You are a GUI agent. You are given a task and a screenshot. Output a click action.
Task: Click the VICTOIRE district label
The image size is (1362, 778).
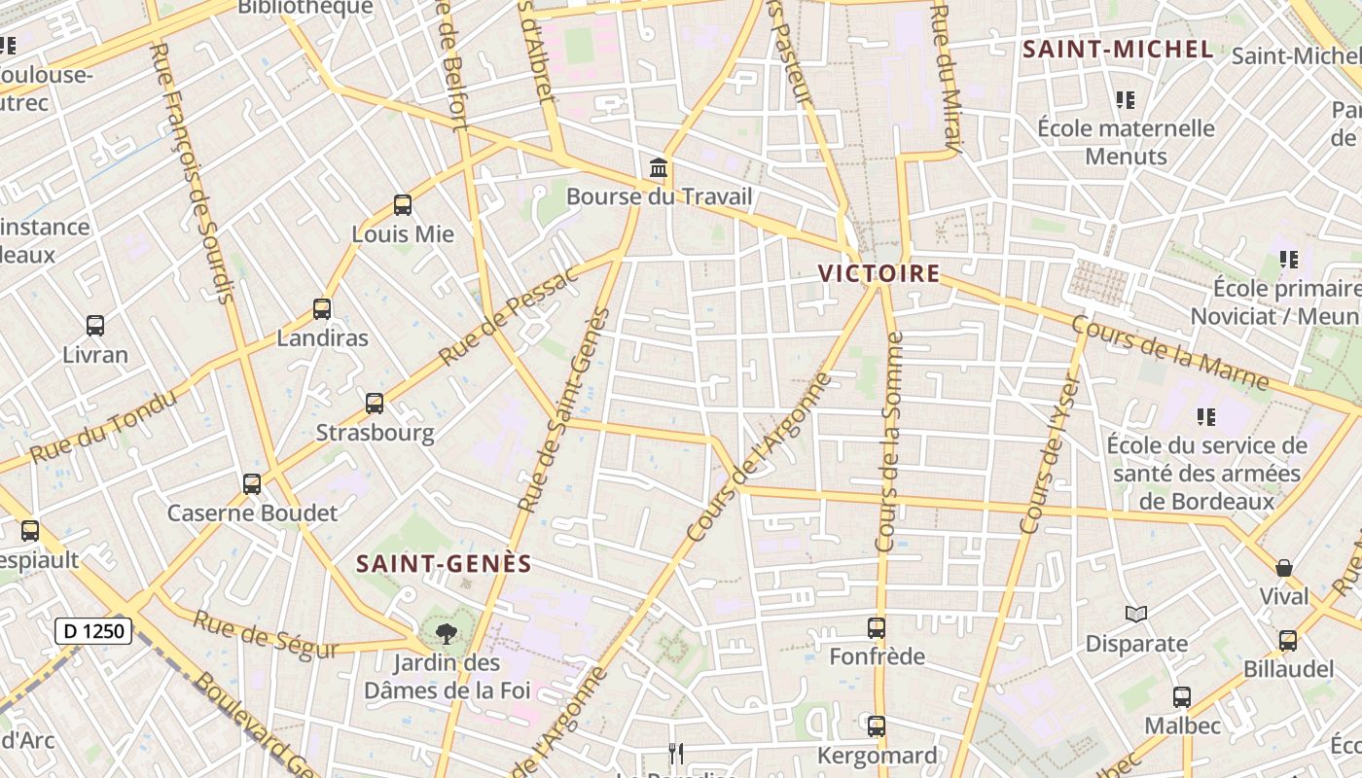pos(879,273)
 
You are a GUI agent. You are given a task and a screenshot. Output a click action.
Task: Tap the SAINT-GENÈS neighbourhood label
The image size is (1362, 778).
pos(444,564)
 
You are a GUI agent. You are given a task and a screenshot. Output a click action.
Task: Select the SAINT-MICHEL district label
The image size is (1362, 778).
pos(1119,50)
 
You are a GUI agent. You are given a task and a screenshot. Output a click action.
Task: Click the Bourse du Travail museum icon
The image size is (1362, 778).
pos(659,168)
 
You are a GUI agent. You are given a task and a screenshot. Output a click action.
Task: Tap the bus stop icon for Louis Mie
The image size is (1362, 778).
pos(403,205)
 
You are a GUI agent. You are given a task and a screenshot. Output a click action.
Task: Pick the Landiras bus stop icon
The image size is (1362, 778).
pos(322,309)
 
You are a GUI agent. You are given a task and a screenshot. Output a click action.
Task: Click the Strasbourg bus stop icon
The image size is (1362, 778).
pos(375,404)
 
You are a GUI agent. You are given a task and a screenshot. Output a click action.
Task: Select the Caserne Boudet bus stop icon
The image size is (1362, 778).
pos(252,483)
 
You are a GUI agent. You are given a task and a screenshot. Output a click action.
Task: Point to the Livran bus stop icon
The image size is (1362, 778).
pos(95,326)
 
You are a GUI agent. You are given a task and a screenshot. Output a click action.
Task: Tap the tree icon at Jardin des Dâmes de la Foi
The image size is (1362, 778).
pos(447,634)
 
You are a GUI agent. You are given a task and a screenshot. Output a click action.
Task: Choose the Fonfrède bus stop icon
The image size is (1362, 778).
pos(877,628)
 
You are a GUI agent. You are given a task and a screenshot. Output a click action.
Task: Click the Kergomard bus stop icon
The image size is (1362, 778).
pos(877,726)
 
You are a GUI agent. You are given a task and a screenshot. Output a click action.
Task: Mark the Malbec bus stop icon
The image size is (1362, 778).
pos(1182,697)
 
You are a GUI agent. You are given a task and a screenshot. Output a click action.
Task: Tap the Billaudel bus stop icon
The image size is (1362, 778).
pos(1288,641)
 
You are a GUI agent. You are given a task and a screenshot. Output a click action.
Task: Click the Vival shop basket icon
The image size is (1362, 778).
pos(1284,568)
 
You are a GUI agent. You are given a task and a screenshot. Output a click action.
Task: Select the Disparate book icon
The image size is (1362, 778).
pos(1136,614)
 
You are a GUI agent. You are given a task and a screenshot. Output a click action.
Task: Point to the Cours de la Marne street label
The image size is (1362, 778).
pos(1169,351)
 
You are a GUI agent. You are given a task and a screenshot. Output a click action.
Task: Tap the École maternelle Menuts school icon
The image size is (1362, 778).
pos(1126,99)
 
